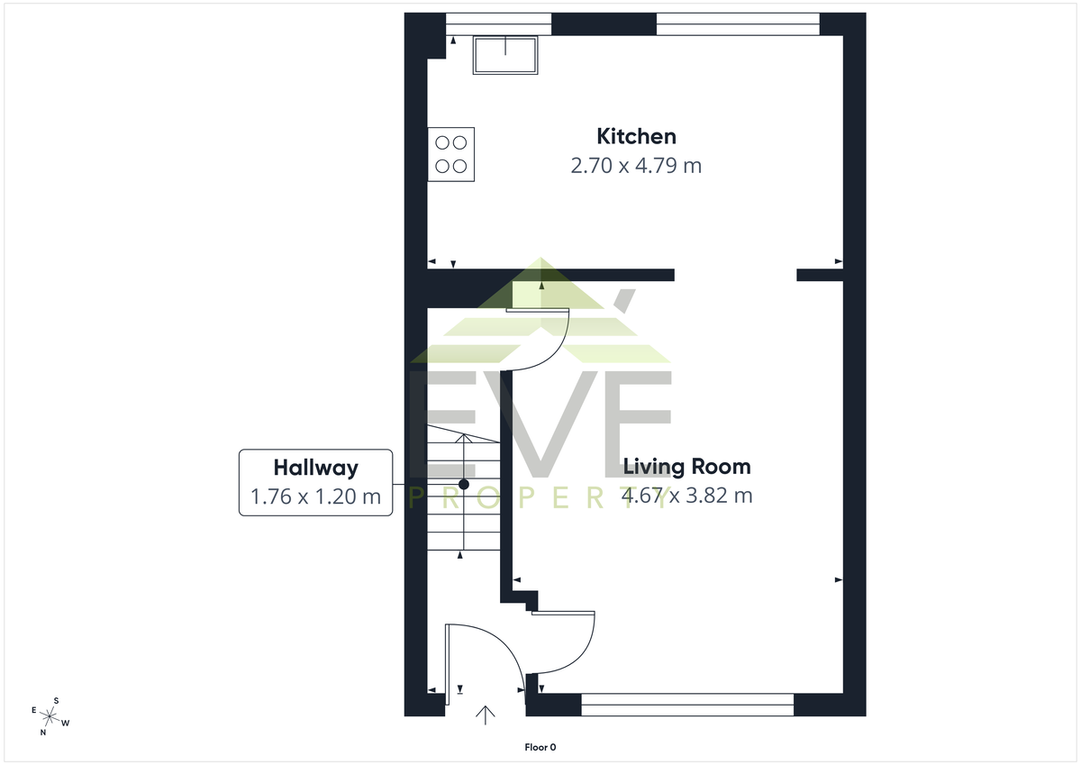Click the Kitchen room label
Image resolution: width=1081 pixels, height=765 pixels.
(x=636, y=137)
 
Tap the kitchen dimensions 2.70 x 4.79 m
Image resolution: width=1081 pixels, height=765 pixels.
(x=636, y=166)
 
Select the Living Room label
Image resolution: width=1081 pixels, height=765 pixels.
(x=686, y=467)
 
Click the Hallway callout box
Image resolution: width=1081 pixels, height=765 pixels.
(x=315, y=483)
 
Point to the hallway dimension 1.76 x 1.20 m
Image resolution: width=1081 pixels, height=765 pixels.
(x=315, y=496)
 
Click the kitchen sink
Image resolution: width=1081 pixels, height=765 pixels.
(x=505, y=55)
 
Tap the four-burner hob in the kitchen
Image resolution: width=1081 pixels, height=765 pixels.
(x=451, y=154)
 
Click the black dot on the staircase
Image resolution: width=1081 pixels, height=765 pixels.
(x=464, y=484)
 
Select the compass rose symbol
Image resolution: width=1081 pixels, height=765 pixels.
(x=50, y=716)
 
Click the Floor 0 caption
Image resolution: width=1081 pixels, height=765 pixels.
(x=540, y=747)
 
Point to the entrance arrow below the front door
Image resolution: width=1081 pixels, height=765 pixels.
(x=485, y=715)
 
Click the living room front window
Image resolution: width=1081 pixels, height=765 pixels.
(x=687, y=705)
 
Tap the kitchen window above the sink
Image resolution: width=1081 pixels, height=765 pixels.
(x=498, y=24)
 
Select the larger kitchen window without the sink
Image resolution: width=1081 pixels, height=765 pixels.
(x=738, y=24)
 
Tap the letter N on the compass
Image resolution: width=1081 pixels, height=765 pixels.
(x=43, y=733)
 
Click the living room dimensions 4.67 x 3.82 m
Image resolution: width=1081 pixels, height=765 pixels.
(x=686, y=496)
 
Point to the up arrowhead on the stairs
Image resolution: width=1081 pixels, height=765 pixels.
(x=464, y=438)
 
